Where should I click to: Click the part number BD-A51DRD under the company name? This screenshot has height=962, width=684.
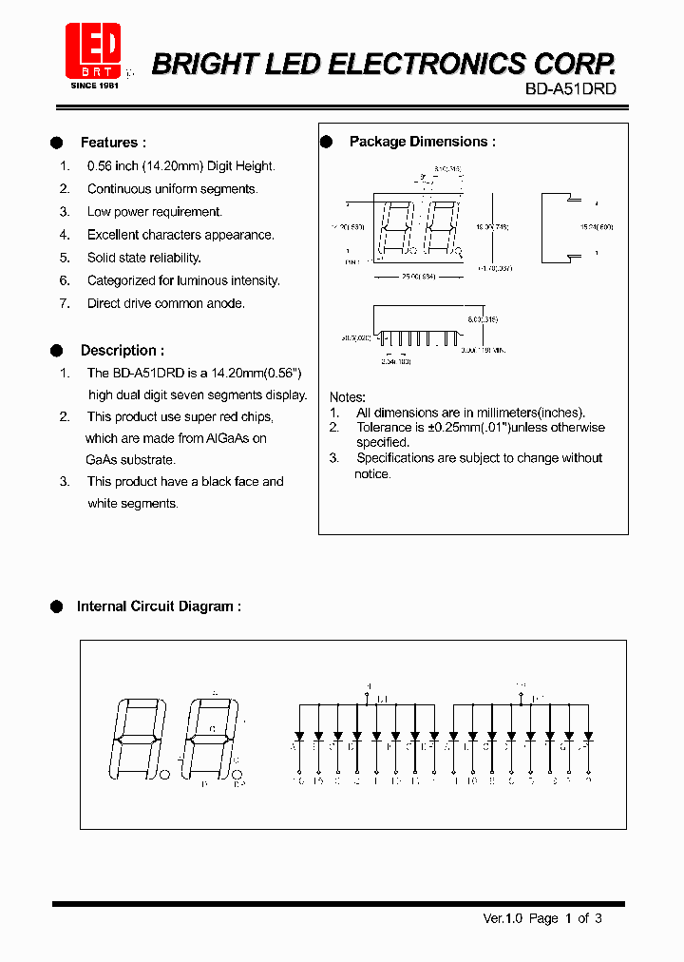pos(570,88)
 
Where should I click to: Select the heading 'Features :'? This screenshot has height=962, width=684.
pos(113,143)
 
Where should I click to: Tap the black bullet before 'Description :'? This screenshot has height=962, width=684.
pos(56,350)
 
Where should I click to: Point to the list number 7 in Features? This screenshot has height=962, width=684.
pos(65,303)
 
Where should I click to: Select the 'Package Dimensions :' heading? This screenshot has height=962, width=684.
pos(422,142)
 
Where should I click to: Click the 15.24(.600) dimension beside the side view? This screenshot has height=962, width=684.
pos(597,227)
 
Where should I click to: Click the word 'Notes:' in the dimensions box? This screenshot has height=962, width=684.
pos(348,396)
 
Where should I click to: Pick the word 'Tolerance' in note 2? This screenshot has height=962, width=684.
pos(385,427)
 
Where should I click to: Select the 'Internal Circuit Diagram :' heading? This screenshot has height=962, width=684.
pos(159,606)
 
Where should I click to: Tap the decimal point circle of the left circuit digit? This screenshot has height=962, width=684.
pos(165,775)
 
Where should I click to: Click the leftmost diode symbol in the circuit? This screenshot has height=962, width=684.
pos(299,736)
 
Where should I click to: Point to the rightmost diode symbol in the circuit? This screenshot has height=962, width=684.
pos(589,736)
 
